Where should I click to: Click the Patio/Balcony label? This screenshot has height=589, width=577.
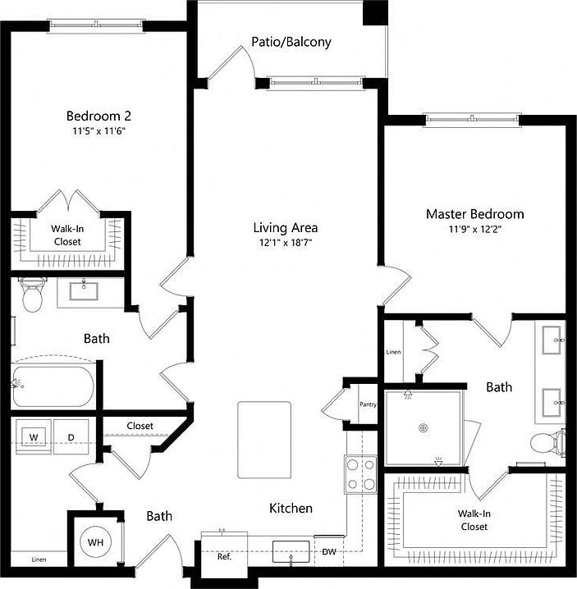291,41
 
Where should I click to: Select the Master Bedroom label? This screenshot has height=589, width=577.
474,214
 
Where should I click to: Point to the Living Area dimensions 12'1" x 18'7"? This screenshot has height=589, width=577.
285,243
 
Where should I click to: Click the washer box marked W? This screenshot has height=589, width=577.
34,436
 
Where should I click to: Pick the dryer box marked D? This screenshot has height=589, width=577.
71,436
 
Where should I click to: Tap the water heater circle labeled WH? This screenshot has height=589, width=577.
94,542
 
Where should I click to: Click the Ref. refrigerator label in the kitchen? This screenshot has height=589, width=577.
224,556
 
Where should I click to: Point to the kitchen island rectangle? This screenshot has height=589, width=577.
264,440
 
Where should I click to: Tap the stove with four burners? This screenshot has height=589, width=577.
360,473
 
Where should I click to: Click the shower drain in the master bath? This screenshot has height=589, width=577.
424,427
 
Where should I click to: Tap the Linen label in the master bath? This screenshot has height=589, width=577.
393,354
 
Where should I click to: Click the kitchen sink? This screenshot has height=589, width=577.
291,550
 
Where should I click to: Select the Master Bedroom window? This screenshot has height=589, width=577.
472,121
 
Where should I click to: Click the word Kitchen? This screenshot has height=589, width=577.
291,509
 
